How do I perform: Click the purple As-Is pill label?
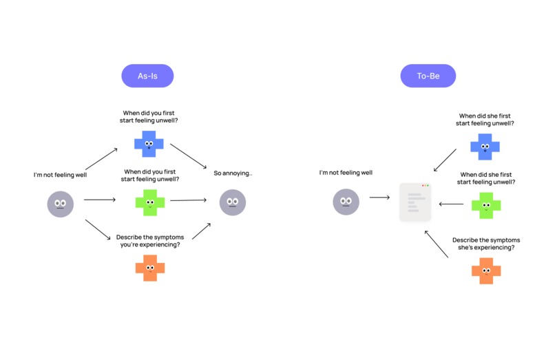coord(147,76)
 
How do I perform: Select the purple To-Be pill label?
coord(428,76)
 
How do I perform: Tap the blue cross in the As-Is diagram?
coord(149,143)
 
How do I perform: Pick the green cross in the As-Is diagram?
coord(149,202)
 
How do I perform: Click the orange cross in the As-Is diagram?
coord(149,267)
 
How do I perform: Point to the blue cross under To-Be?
coord(485,147)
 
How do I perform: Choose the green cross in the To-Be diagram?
coord(485,205)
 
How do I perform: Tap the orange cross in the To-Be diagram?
coord(485,271)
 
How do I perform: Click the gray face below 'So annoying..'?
coord(232,202)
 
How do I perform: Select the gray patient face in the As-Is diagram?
coord(61,204)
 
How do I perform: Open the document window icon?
coord(415,202)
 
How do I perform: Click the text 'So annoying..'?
coord(233,173)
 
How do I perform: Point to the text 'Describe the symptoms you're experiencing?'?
coord(149,240)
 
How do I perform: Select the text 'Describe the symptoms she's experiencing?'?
coord(486,244)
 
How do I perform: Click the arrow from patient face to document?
coord(379,198)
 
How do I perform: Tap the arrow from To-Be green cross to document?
coord(451,204)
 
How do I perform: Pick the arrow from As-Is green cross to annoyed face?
coord(188,200)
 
